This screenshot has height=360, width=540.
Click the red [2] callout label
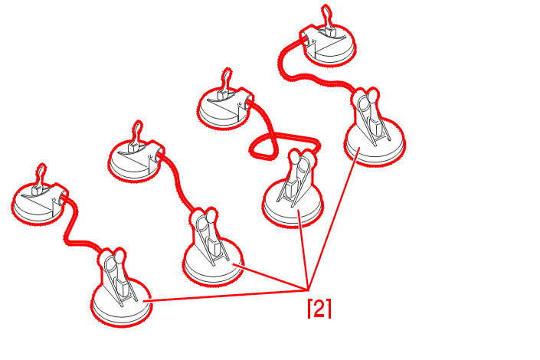tap(319, 309)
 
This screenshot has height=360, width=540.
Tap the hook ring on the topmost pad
tap(326, 15)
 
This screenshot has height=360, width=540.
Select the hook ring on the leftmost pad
tap(41, 175)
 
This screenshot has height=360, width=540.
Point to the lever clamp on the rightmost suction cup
tap(371, 116)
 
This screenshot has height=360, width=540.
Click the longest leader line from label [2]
tap(225, 296)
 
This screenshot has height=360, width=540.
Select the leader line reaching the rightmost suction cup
tap(334, 218)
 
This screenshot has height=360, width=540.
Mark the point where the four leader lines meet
tap(308, 290)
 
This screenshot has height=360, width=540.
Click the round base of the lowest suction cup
tap(122, 306)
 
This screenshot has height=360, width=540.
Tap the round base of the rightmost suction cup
tap(375, 145)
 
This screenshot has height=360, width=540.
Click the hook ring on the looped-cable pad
tap(227, 79)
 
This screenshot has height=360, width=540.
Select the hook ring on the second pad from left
tap(137, 131)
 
